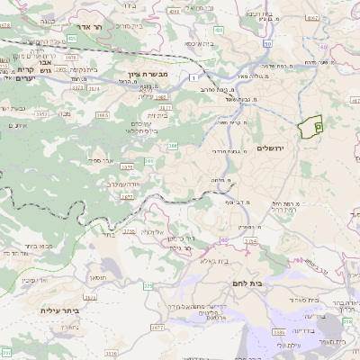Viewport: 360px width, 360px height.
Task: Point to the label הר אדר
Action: pyautogui.click(x=101, y=27)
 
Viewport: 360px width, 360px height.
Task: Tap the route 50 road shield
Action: pyautogui.click(x=268, y=43)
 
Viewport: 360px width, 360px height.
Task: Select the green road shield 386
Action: pyautogui.click(x=172, y=144)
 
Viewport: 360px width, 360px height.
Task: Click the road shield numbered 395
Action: pyautogui.click(x=149, y=160)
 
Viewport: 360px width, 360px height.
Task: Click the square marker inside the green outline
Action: pyautogui.click(x=318, y=130)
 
